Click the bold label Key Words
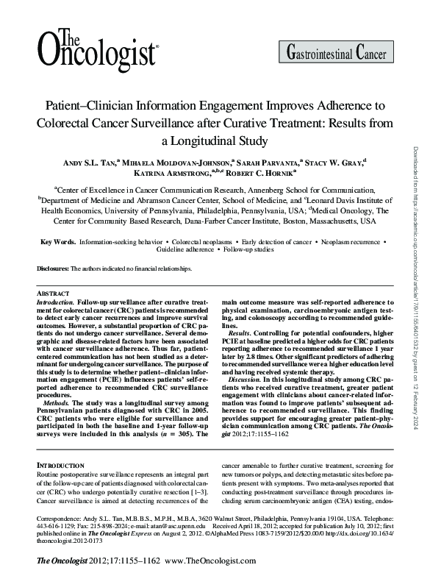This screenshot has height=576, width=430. pos(57,241)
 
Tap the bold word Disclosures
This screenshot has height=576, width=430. pos(52,270)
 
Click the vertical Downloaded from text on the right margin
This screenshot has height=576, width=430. pos(418,221)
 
